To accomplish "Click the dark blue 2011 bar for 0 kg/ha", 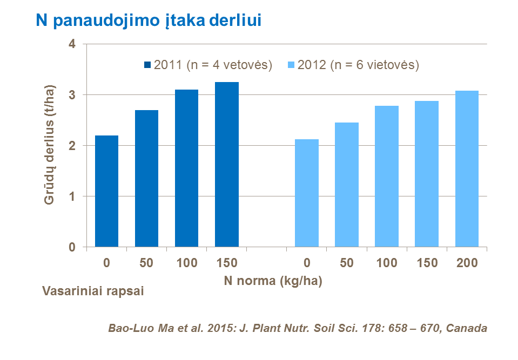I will click(x=106, y=191).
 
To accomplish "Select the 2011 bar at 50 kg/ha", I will click(x=146, y=179).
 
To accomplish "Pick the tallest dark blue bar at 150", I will click(x=226, y=165).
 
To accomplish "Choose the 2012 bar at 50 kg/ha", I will click(x=347, y=185).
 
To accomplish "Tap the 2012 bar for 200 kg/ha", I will click(x=467, y=169).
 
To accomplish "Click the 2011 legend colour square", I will click(x=148, y=65).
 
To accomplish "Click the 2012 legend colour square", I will click(x=292, y=65).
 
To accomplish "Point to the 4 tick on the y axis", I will click(x=72, y=44).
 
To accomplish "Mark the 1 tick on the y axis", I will click(x=72, y=196).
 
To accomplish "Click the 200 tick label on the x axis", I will click(x=467, y=263).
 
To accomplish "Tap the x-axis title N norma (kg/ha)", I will click(x=273, y=281).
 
